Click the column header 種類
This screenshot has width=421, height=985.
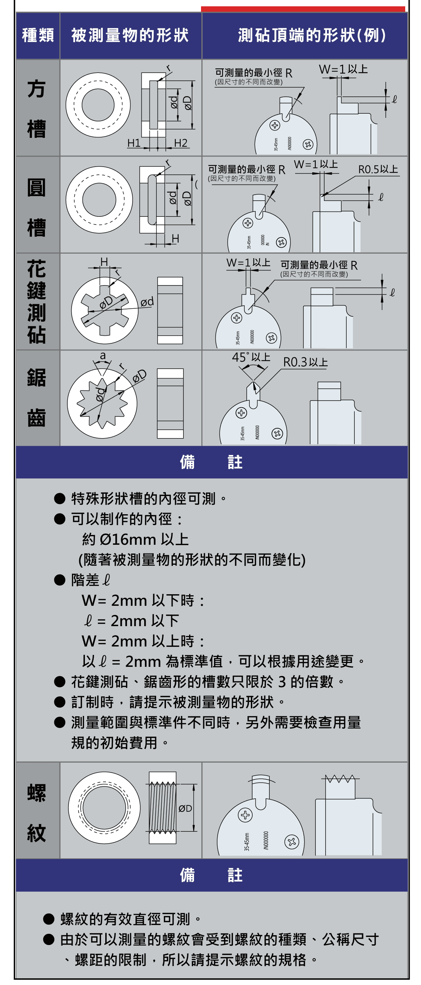(38, 35)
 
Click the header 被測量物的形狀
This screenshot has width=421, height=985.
(130, 35)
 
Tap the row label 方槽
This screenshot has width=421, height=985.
(37, 108)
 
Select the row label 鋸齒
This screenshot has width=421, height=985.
(37, 398)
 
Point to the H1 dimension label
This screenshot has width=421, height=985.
(134, 143)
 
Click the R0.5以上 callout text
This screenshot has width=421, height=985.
(378, 169)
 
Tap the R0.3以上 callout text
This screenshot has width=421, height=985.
(305, 362)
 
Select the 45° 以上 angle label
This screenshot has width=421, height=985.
(251, 357)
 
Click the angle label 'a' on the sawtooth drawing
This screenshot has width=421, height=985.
(102, 356)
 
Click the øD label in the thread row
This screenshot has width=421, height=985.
(185, 808)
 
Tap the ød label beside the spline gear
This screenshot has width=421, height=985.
(147, 302)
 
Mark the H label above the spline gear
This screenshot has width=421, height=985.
(104, 261)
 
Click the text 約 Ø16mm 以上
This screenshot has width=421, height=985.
(135, 539)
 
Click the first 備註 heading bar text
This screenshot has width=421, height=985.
(211, 462)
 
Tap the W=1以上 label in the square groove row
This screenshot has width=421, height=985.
(343, 69)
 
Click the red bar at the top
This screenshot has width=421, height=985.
(303, 9)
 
